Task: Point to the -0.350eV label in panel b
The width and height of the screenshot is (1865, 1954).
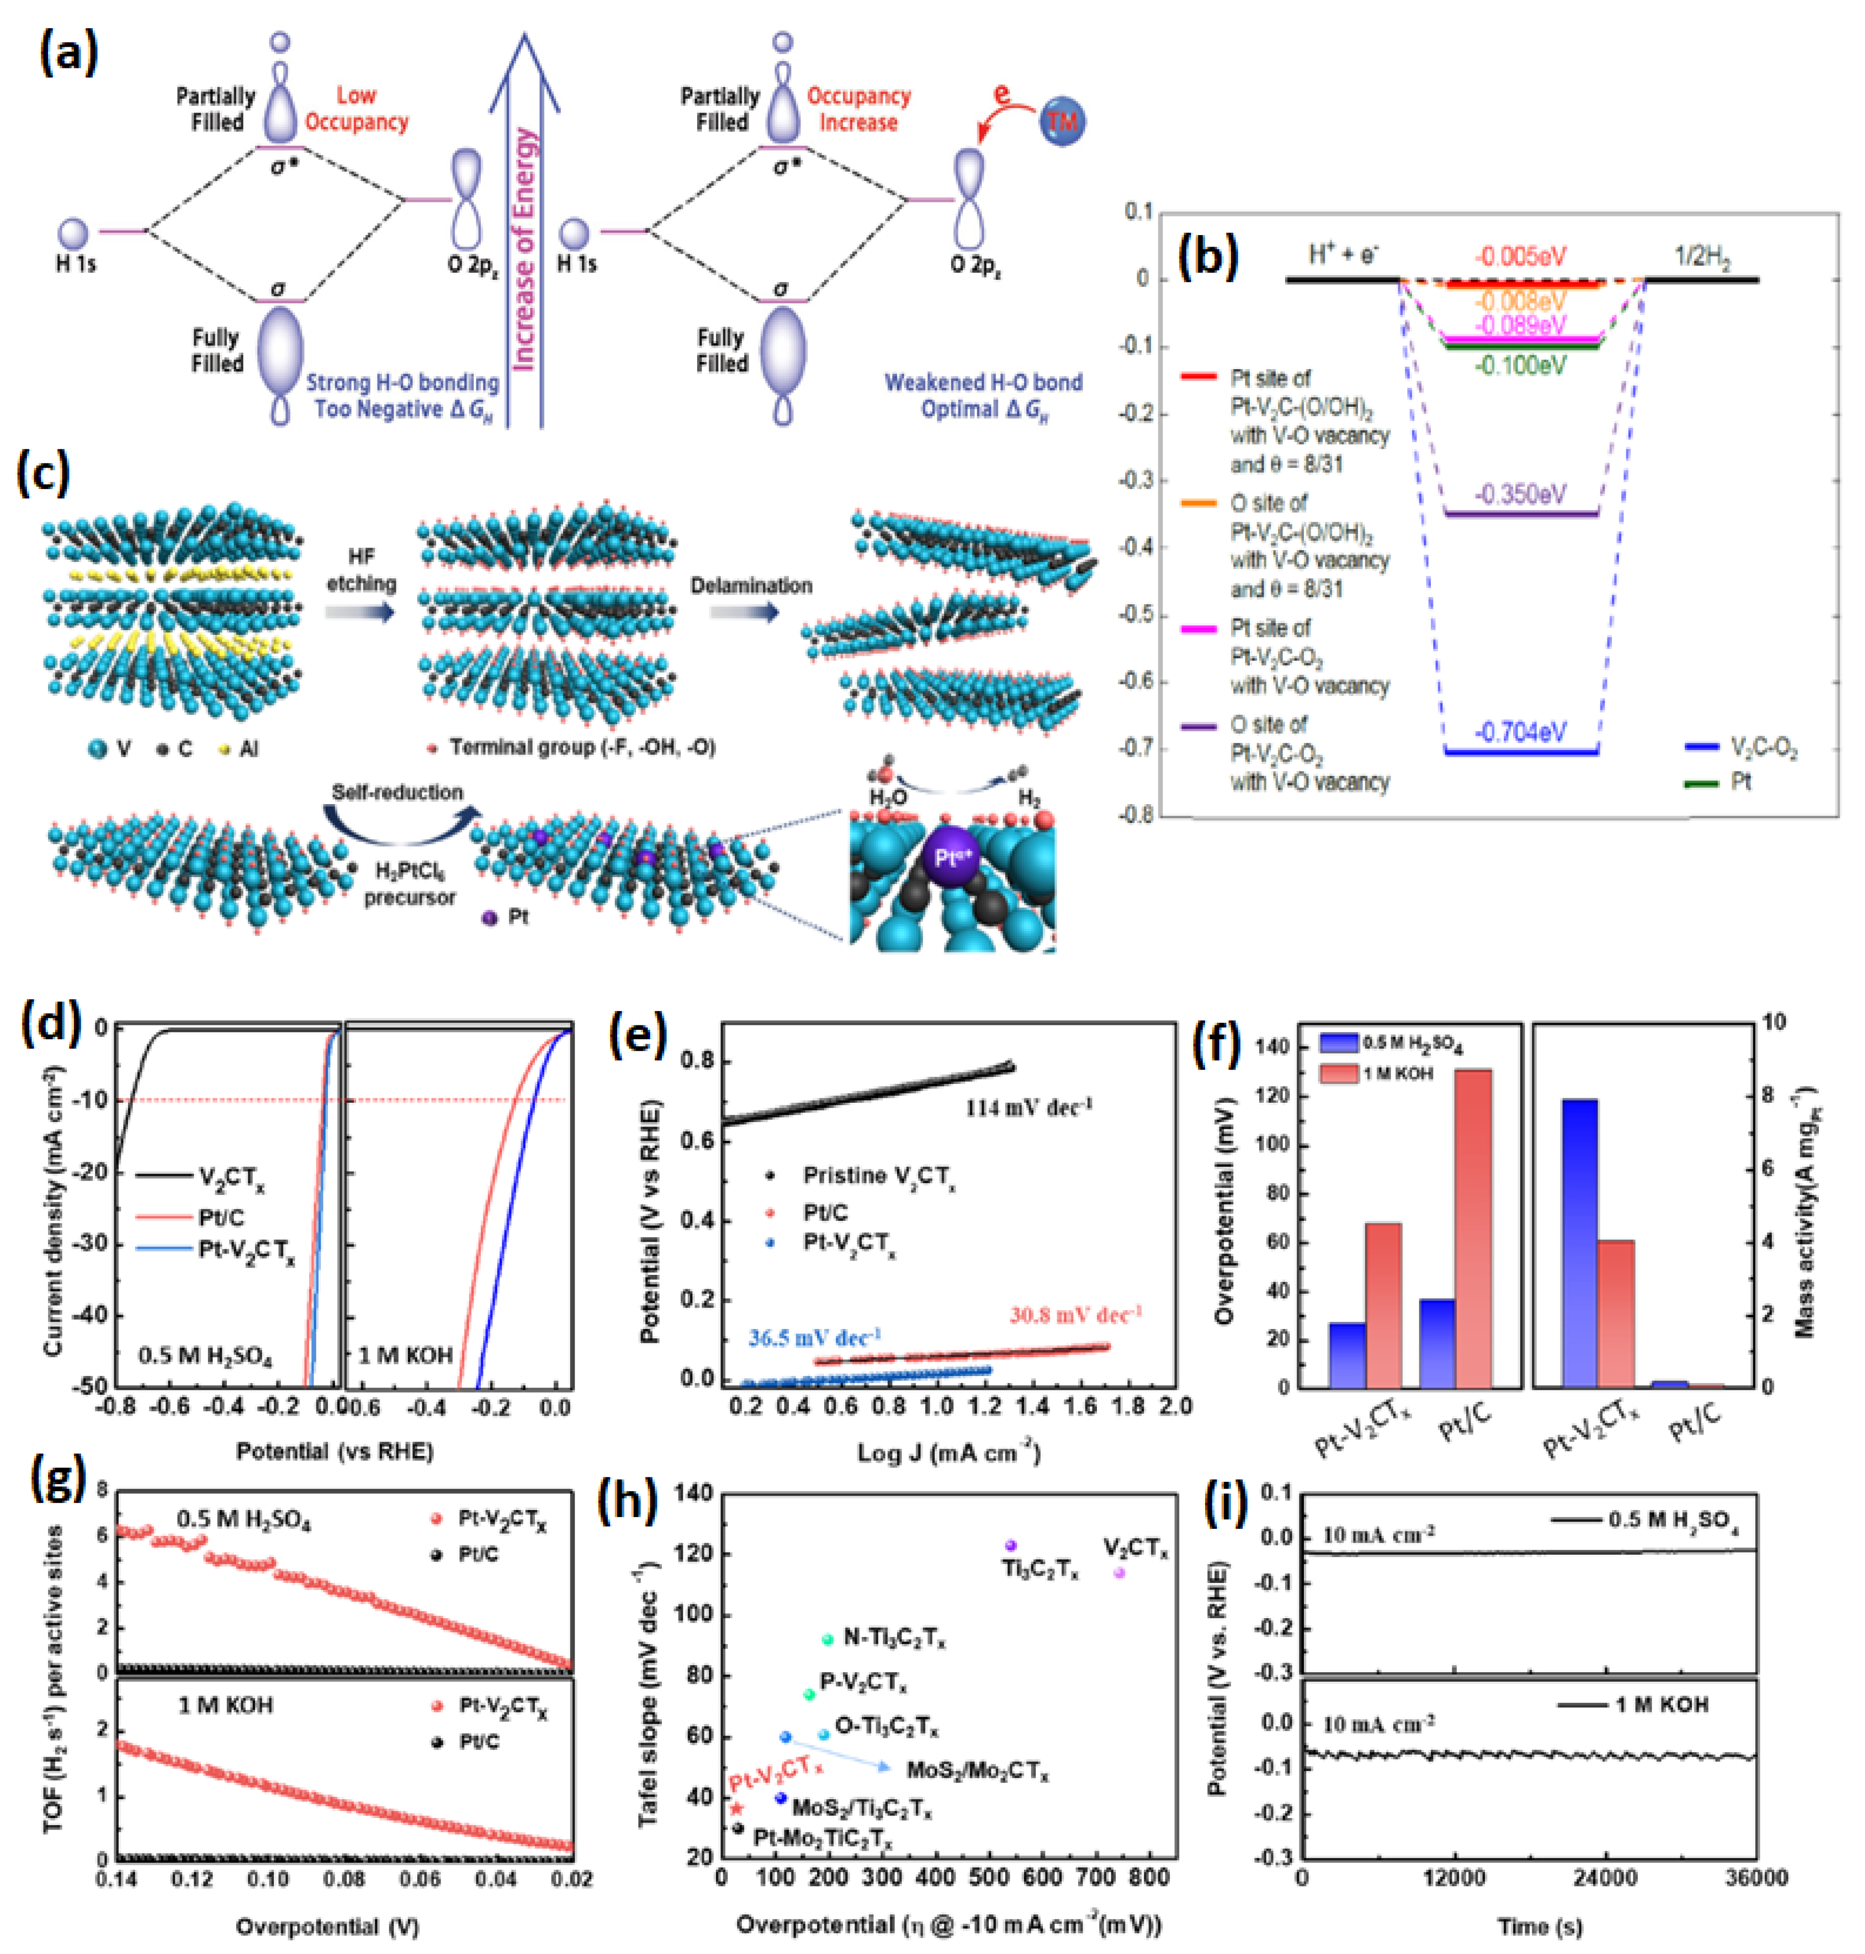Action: [1520, 494]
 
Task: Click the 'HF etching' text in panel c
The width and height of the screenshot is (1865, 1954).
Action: [361, 569]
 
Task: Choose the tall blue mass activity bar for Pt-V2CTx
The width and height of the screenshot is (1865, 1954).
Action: [1580, 1242]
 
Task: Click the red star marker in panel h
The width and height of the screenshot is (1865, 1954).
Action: [737, 1808]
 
